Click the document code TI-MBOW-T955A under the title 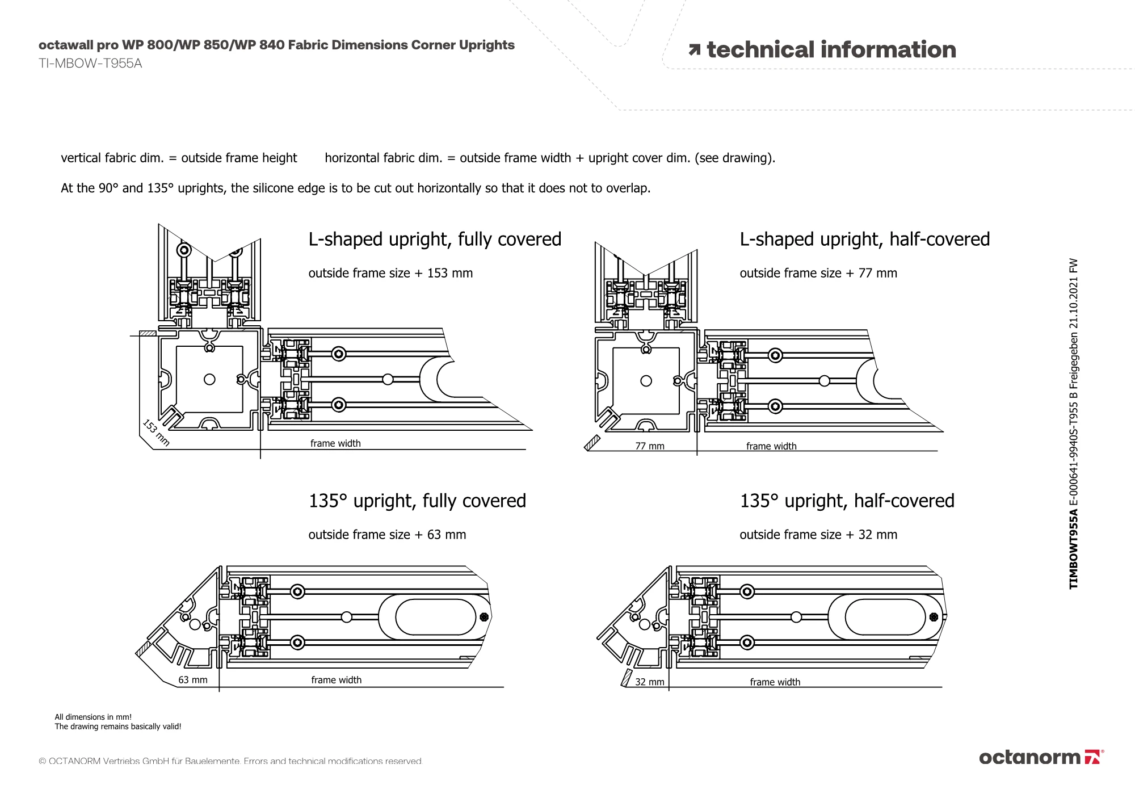(90, 64)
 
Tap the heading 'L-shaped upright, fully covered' (435, 240)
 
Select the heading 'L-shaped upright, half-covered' (864, 240)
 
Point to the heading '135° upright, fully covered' (417, 501)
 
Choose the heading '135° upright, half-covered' (847, 501)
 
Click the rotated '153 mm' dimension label (156, 433)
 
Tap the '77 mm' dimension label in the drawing (650, 446)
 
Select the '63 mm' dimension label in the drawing (193, 680)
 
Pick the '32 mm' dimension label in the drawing (650, 682)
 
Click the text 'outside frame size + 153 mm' (390, 273)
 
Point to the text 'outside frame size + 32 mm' (818, 535)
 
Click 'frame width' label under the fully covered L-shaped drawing (335, 443)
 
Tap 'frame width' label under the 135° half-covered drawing (775, 682)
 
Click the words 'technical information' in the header (831, 50)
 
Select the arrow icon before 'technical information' (694, 51)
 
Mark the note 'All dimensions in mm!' (93, 717)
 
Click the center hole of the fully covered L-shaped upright (209, 379)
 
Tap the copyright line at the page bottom (230, 761)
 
